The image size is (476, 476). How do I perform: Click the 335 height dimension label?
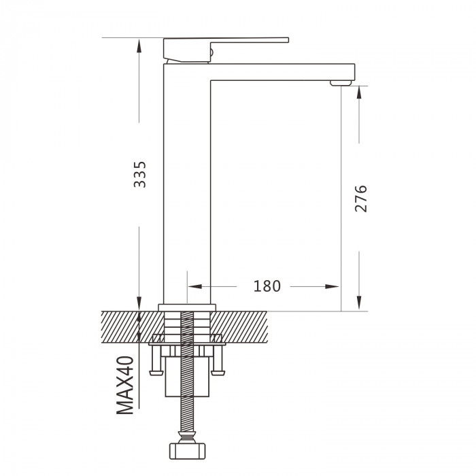point(140,174)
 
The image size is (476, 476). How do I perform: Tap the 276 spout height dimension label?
point(361,199)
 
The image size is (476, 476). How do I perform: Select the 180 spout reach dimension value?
point(267,286)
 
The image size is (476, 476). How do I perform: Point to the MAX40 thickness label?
point(125,386)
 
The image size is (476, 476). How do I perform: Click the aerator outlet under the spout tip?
point(341,83)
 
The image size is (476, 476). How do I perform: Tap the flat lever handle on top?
point(226,50)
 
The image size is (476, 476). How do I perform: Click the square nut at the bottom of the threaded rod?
point(187,451)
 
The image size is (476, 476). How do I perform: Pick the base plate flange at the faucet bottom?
point(187,307)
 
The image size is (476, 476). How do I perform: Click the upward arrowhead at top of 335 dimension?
point(139,46)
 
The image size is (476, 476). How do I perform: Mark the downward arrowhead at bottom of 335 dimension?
point(139,303)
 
